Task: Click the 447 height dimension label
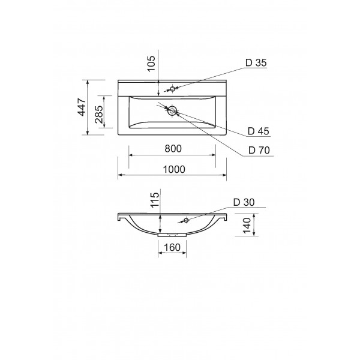[x=82, y=107]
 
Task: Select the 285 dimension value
[x=99, y=115]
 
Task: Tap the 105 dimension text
[x=151, y=64]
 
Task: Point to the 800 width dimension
[x=173, y=149]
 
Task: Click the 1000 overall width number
[x=174, y=169]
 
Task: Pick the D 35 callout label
[x=256, y=62]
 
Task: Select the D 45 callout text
[x=258, y=131]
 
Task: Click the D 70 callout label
[x=259, y=150]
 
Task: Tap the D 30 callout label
[x=244, y=202]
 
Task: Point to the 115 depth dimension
[x=155, y=200]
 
